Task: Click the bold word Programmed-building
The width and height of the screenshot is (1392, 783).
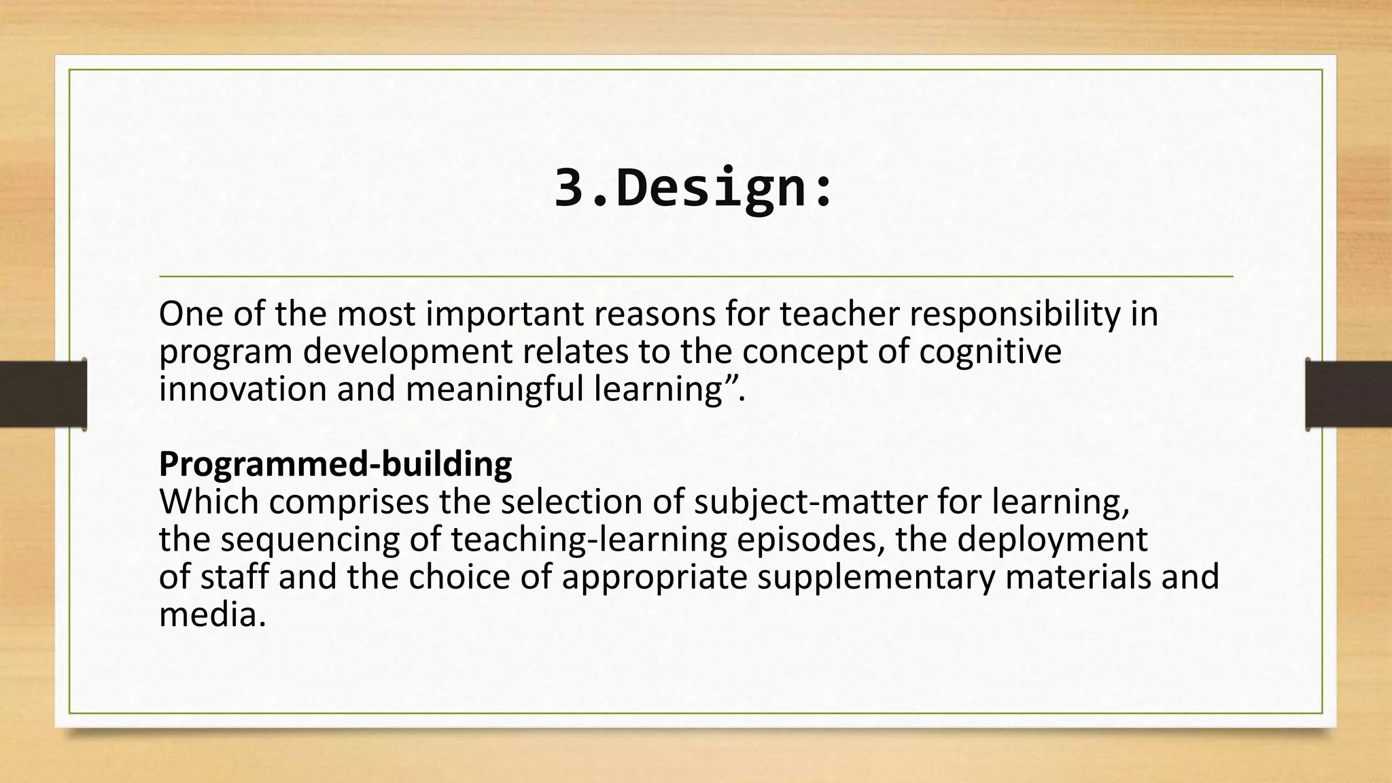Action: pyautogui.click(x=335, y=464)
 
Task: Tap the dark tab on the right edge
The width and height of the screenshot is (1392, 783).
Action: pyautogui.click(x=1348, y=394)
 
